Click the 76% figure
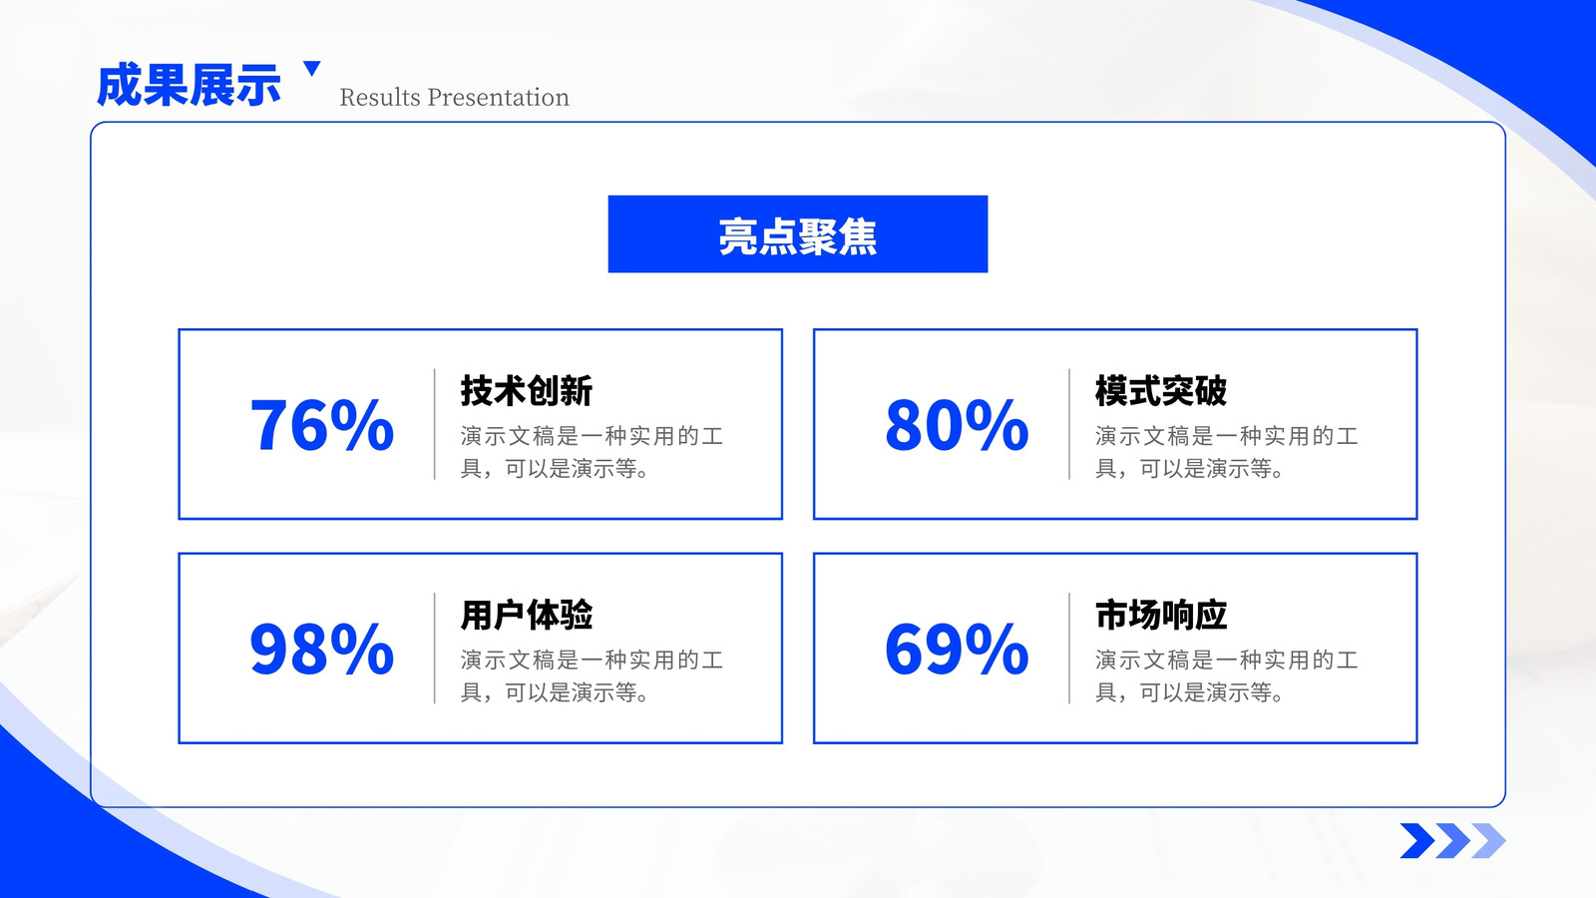[321, 425]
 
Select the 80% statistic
[957, 425]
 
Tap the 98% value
[321, 649]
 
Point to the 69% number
[957, 649]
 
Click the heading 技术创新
[527, 390]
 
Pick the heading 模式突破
[1161, 390]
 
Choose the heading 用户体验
[527, 615]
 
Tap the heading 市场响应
[1161, 615]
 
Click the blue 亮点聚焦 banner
[798, 233]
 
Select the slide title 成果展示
[189, 86]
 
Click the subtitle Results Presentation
[455, 97]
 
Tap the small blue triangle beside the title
[312, 68]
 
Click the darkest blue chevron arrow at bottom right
[1417, 840]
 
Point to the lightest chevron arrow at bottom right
[1488, 840]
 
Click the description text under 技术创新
[593, 452]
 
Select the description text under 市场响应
[1227, 675]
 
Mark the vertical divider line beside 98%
[435, 648]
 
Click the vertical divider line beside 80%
[1069, 424]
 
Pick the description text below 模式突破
[1227, 452]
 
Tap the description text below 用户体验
[593, 675]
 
